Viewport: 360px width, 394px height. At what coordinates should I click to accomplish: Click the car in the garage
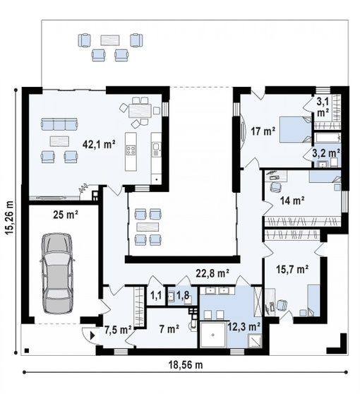coord(57,273)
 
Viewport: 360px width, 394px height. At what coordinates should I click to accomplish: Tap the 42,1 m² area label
coord(99,145)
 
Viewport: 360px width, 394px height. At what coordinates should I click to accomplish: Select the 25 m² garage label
coord(66,215)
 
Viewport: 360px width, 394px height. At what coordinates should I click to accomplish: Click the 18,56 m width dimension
coord(186,364)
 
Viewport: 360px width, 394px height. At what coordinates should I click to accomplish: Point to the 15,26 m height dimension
coord(10,218)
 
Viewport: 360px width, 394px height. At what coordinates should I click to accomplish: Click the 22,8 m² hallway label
coord(212,273)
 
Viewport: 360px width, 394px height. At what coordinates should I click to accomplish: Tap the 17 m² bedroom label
coord(263,131)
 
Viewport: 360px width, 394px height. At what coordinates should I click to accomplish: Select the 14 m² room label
coord(292,201)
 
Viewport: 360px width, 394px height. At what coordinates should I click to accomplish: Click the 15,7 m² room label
coord(292,269)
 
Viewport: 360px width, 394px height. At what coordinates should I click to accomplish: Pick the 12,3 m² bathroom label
coord(244,327)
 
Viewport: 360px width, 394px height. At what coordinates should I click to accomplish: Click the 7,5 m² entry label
coord(118,330)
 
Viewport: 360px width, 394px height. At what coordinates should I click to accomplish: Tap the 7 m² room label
coord(169,329)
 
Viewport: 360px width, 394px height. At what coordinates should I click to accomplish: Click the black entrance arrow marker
coord(92,335)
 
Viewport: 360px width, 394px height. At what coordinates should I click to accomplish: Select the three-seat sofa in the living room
coord(59,124)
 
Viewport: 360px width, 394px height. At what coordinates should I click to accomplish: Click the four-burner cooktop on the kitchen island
coord(131,150)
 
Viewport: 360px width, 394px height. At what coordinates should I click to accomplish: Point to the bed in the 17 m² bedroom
coord(296,129)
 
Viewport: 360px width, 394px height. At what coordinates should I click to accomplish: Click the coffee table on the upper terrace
coord(110,40)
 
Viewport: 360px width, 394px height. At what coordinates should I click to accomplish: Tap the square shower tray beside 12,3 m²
coord(213,335)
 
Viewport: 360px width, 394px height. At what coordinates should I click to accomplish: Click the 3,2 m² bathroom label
coord(326,153)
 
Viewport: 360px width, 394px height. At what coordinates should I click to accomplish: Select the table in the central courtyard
coord(148,227)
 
